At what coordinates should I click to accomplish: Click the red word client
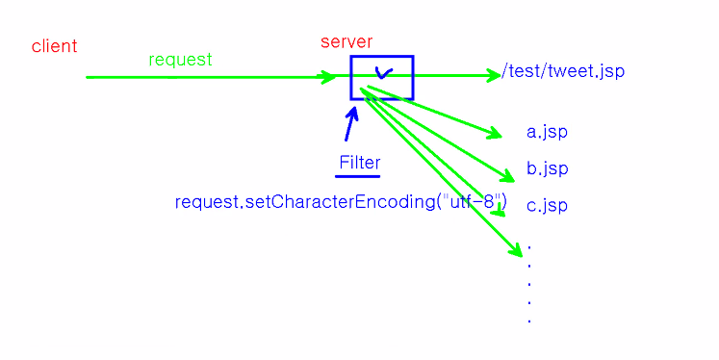click(x=54, y=46)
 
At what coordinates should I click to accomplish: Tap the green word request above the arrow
click(x=180, y=60)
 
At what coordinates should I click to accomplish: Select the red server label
click(x=347, y=41)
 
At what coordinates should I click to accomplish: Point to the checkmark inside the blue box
click(x=382, y=73)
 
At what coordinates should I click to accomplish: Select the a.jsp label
click(x=547, y=132)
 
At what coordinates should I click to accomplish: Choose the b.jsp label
click(x=547, y=168)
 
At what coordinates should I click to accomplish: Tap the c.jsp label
click(x=547, y=205)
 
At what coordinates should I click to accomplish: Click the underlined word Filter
click(x=359, y=163)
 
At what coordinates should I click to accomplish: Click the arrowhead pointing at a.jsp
click(x=496, y=134)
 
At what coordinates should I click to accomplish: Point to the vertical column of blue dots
click(x=529, y=284)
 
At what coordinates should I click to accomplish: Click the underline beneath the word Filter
click(x=358, y=176)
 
